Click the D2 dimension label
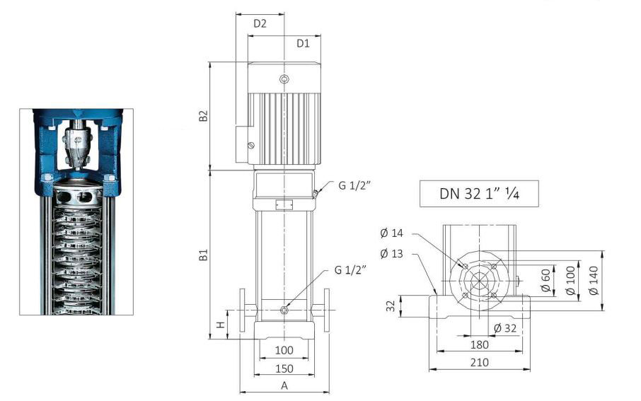point(260,23)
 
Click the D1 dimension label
point(303,43)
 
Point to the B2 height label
point(203,116)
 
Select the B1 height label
point(203,255)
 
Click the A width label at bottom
point(284,385)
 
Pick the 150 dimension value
point(284,368)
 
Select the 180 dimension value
point(480,344)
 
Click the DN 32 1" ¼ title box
point(479,192)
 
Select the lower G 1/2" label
point(353,271)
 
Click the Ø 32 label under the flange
point(507,327)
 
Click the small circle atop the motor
point(284,79)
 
